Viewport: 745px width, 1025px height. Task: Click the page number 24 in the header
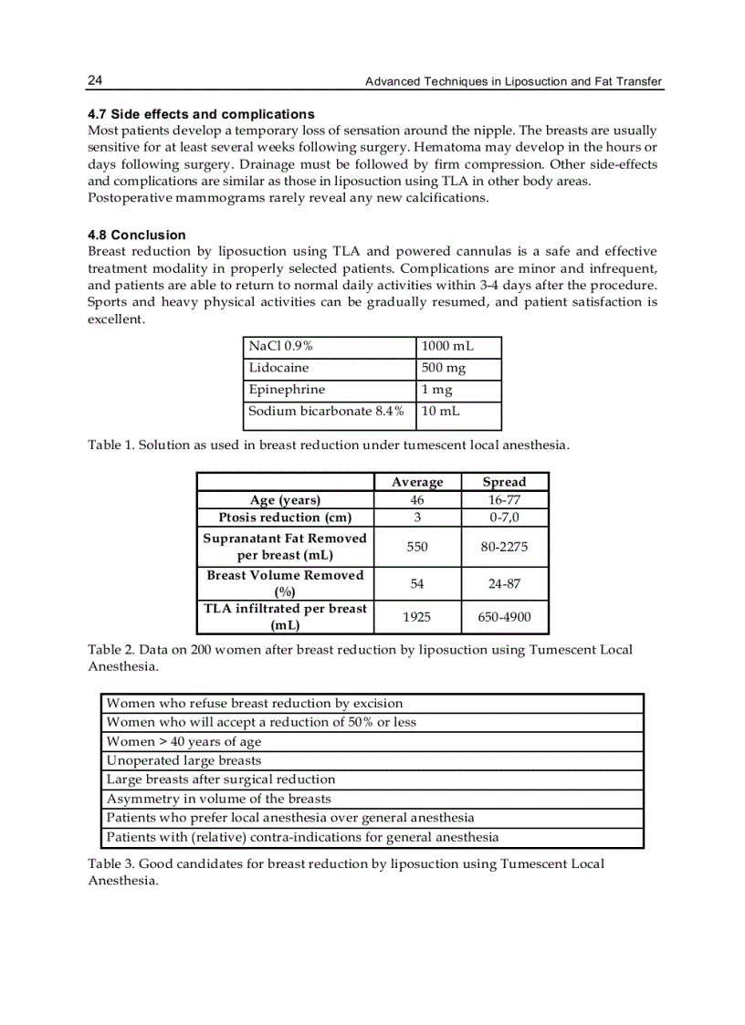pos(95,81)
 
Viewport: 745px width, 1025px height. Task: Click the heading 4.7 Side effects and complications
pos(201,114)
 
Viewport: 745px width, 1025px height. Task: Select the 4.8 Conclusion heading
pos(137,235)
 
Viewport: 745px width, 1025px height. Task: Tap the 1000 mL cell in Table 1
pos(447,347)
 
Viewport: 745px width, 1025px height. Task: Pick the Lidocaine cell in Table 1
pos(279,368)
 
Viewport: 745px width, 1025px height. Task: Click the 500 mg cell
pos(444,368)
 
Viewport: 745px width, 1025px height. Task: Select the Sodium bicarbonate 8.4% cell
pos(327,412)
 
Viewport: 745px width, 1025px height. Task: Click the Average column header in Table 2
pos(417,482)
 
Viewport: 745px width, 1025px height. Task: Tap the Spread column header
pos(504,482)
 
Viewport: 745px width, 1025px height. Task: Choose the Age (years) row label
pos(285,500)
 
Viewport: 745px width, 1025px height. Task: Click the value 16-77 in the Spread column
pos(504,500)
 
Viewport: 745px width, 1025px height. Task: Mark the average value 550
pos(417,547)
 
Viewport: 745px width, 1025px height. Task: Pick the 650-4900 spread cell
pos(504,617)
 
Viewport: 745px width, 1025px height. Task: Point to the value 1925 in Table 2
pos(417,617)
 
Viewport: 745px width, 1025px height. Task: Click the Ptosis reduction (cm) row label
pos(285,518)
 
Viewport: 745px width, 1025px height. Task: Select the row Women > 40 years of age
pos(184,741)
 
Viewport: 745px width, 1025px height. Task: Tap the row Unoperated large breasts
pos(184,760)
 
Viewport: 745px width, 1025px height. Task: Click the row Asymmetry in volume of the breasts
pos(219,799)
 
